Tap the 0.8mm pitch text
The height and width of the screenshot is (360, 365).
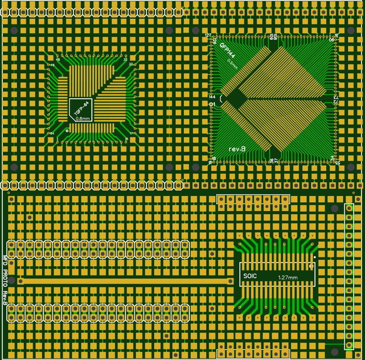pyautogui.click(x=83, y=118)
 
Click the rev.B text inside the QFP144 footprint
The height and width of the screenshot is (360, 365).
pyautogui.click(x=237, y=149)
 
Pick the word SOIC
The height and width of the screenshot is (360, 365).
pyautogui.click(x=251, y=276)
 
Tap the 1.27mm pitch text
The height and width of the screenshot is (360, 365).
pyautogui.click(x=288, y=277)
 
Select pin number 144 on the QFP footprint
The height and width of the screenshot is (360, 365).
pyautogui.click(x=212, y=97)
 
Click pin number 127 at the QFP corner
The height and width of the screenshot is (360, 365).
pyautogui.click(x=208, y=35)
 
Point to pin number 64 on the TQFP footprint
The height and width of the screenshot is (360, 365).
pyautogui.click(x=52, y=133)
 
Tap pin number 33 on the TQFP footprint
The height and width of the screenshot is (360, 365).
pyautogui.click(x=125, y=59)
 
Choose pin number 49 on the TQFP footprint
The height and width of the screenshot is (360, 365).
pyautogui.click(x=52, y=65)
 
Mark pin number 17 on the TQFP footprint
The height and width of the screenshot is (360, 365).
pyautogui.click(x=132, y=133)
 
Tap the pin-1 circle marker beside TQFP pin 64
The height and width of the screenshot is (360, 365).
pyautogui.click(x=67, y=131)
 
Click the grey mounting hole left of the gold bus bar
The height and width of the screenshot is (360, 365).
pyautogui.click(x=11, y=280)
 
